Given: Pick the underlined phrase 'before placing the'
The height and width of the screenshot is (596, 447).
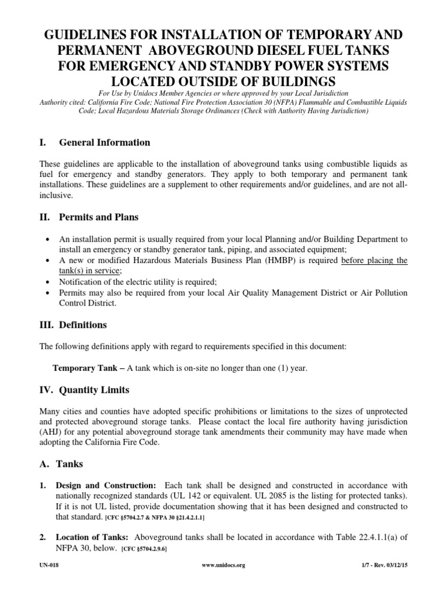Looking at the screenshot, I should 374,260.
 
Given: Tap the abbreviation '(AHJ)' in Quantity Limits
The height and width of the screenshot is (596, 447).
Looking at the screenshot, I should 51,431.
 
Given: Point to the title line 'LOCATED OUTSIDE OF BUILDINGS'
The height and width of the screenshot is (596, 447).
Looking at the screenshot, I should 223,80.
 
